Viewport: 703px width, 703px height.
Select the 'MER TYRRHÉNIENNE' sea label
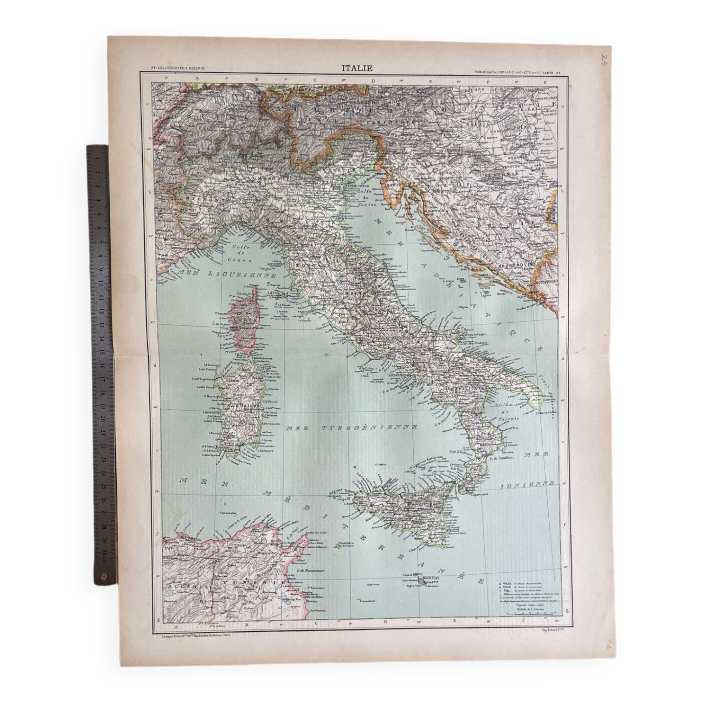coord(351,428)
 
